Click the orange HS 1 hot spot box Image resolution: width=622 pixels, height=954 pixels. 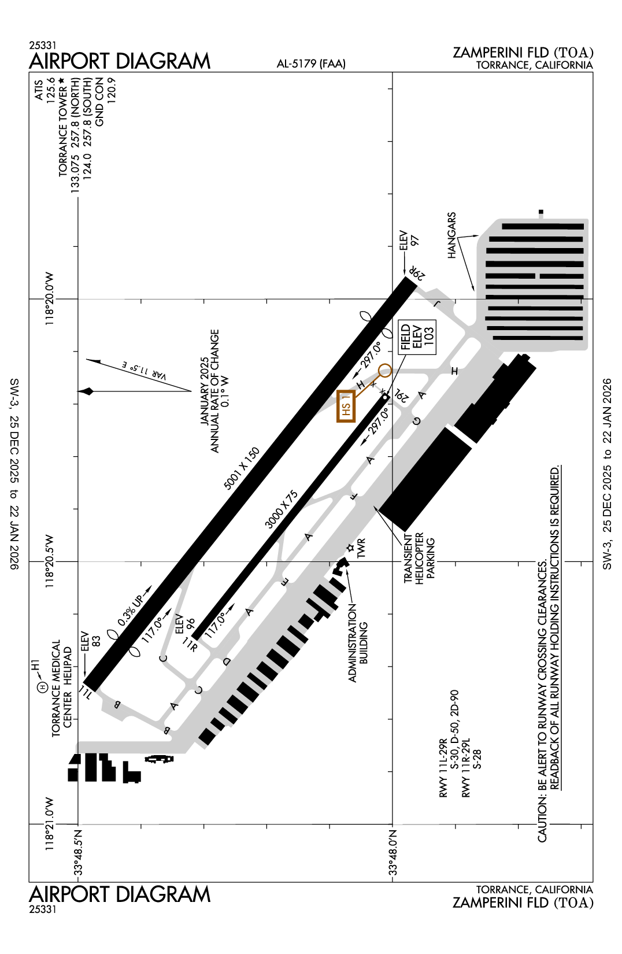346,406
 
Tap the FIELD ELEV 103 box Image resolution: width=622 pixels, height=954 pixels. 417,337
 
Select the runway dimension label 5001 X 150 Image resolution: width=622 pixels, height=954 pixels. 242,468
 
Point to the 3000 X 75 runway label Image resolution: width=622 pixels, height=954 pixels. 282,509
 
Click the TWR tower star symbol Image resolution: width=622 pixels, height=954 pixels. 350,548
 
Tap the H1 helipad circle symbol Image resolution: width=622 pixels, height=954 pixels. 42,687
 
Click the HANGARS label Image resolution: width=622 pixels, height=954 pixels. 452,235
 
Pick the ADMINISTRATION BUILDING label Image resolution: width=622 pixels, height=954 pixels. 358,643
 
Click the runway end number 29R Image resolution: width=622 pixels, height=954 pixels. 417,273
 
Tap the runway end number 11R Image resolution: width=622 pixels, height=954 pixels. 190,644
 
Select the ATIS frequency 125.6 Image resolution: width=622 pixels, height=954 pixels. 50,90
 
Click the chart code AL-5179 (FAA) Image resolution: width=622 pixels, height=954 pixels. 311,64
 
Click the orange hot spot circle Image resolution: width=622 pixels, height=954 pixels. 384,371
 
